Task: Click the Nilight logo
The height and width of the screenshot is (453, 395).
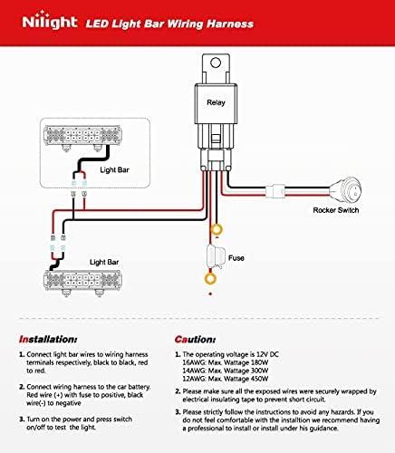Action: (x=50, y=21)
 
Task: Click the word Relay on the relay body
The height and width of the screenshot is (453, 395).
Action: (x=216, y=102)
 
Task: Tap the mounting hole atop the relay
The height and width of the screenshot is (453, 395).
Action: (x=216, y=63)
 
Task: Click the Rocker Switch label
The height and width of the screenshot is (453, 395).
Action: (x=336, y=210)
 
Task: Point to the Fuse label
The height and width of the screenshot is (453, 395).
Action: (x=236, y=258)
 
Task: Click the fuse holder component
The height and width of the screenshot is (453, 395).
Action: (x=217, y=256)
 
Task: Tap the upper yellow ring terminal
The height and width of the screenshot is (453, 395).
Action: (x=216, y=229)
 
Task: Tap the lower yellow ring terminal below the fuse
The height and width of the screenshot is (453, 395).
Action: (x=210, y=278)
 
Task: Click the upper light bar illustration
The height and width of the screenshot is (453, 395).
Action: (x=82, y=137)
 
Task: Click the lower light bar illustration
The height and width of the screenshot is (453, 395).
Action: (x=82, y=283)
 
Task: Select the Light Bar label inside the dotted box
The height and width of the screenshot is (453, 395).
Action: (x=114, y=170)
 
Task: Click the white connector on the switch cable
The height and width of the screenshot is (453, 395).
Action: (x=275, y=191)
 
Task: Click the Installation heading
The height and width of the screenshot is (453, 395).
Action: (x=48, y=340)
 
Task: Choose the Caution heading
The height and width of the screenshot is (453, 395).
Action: (x=195, y=340)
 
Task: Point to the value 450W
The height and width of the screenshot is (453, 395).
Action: (x=260, y=379)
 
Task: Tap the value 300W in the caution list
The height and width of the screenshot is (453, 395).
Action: (x=260, y=371)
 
